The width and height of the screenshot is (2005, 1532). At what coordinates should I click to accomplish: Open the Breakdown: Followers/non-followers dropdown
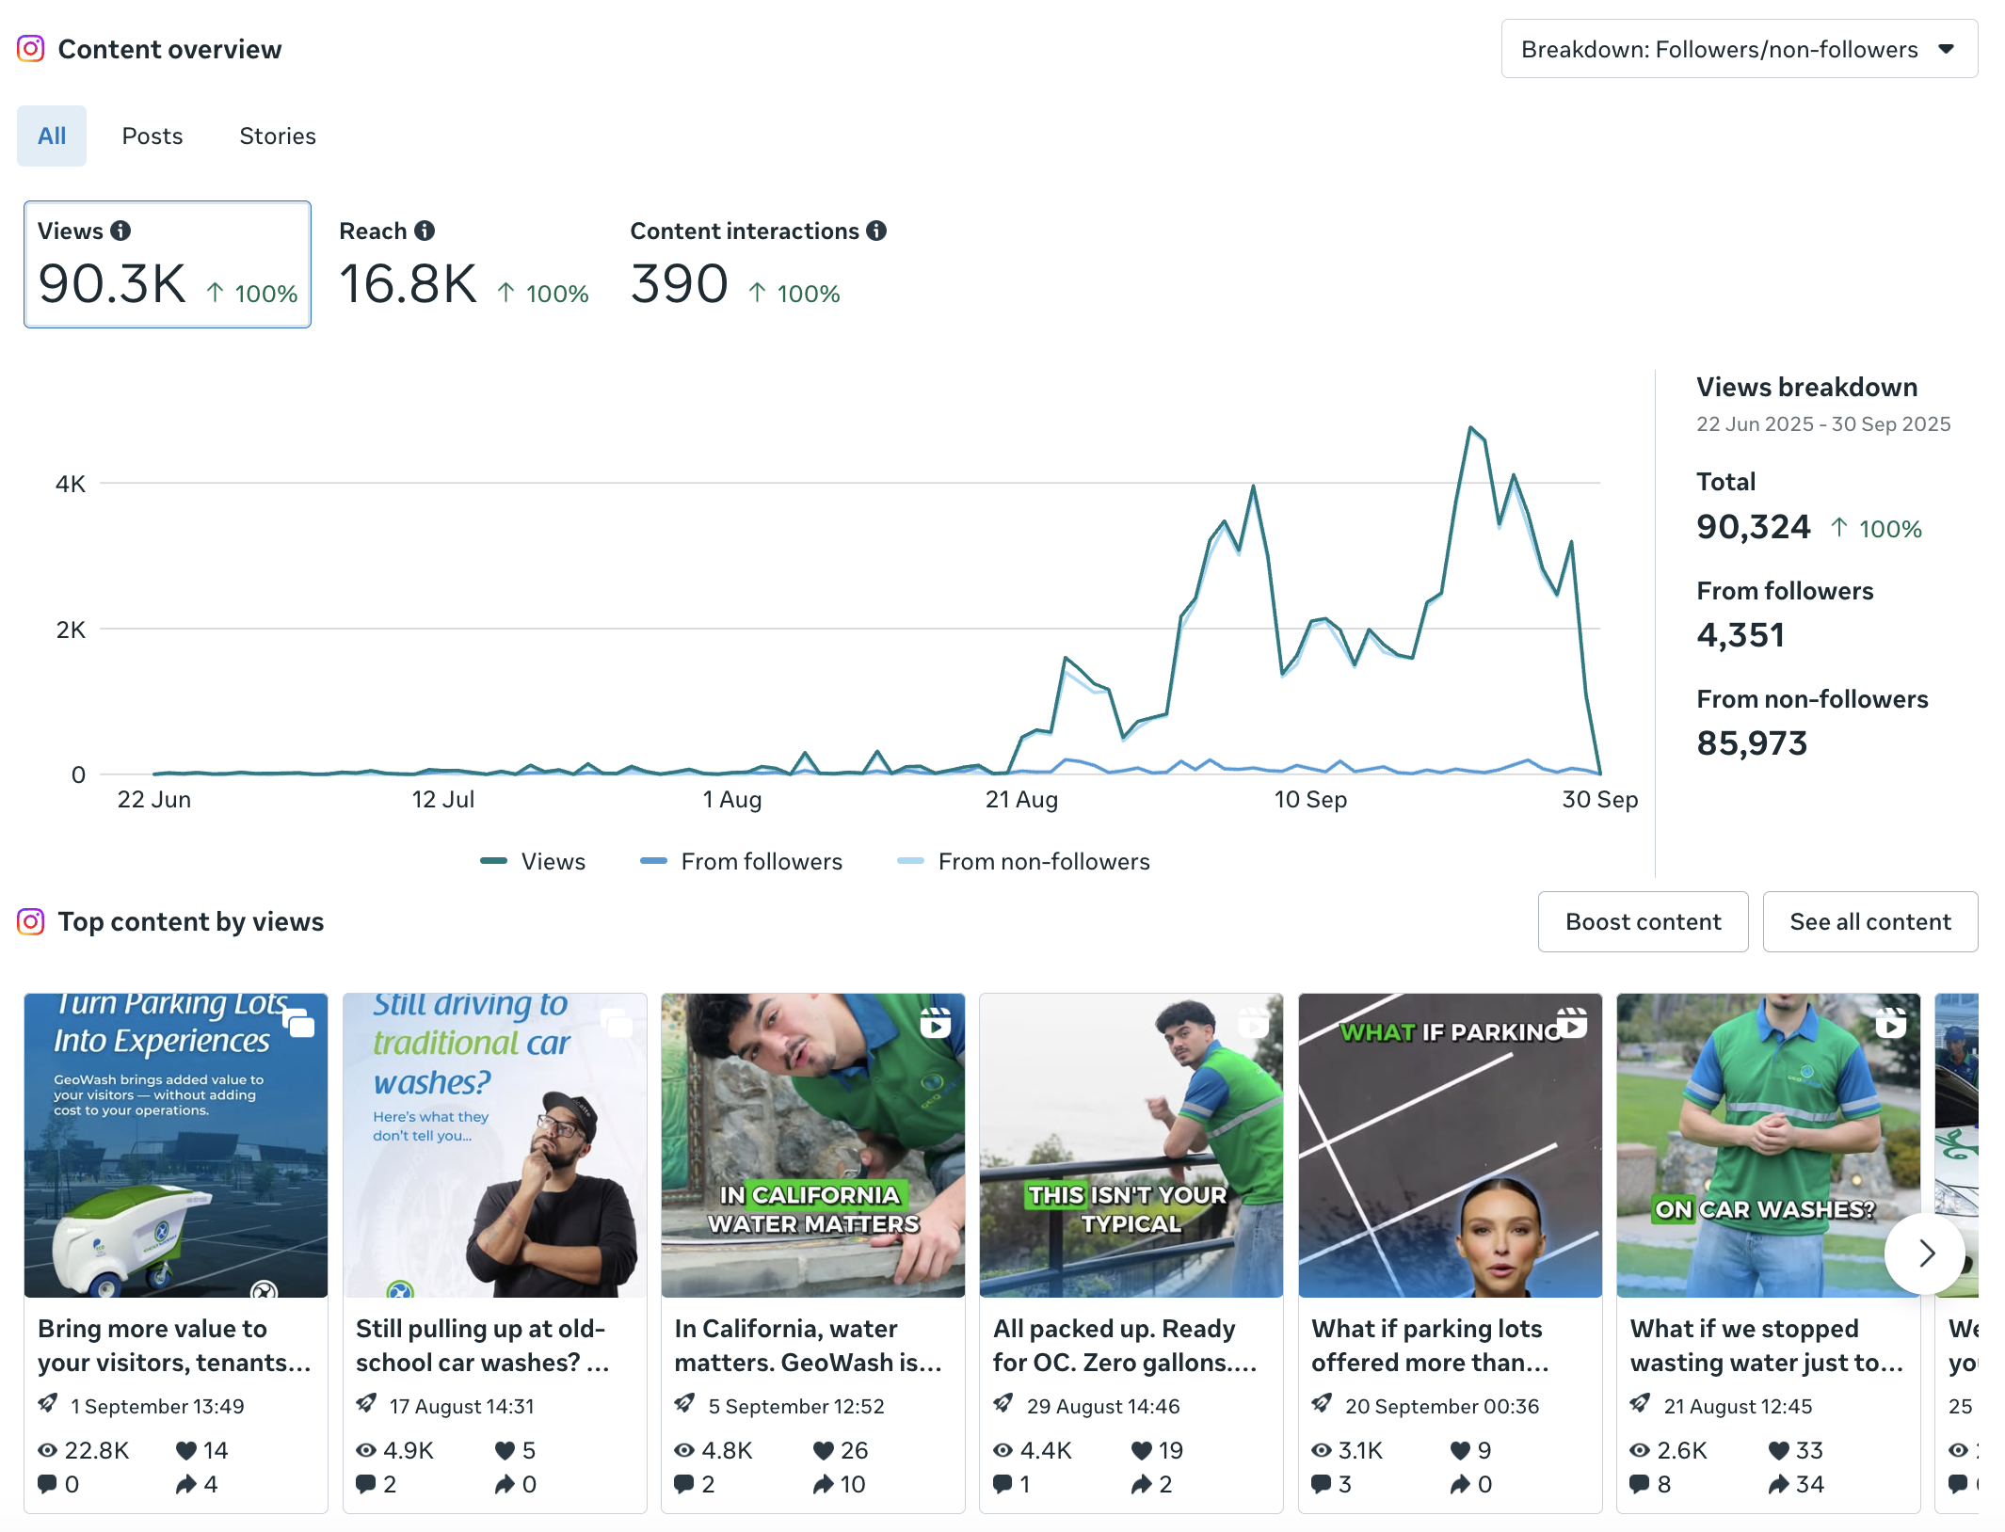pyautogui.click(x=1738, y=49)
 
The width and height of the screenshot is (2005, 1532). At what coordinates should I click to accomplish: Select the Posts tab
pyautogui.click(x=152, y=136)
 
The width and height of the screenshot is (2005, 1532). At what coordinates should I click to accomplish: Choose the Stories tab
pyautogui.click(x=278, y=136)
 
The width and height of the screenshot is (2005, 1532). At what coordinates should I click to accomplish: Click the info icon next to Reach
pyautogui.click(x=425, y=231)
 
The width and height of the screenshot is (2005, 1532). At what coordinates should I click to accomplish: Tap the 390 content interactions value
pyautogui.click(x=679, y=284)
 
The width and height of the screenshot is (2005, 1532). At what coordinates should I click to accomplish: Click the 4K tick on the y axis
pyautogui.click(x=71, y=485)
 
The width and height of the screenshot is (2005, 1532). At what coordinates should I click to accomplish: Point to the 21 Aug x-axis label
pyautogui.click(x=1021, y=800)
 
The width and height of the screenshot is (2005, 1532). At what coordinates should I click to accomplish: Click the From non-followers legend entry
pyautogui.click(x=1043, y=862)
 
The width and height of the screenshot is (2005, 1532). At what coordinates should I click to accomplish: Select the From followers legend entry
pyautogui.click(x=761, y=862)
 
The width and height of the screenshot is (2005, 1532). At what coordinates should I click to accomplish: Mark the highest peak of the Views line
pyautogui.click(x=1470, y=428)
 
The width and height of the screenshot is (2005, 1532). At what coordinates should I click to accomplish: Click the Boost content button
pyautogui.click(x=1643, y=922)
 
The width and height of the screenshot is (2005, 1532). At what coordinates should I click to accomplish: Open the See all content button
pyautogui.click(x=1869, y=922)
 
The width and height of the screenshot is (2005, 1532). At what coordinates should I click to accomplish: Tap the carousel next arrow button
pyautogui.click(x=1925, y=1253)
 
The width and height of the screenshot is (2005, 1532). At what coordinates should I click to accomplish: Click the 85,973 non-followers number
pyautogui.click(x=1752, y=743)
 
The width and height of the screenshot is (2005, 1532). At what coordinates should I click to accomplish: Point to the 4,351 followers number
pyautogui.click(x=1740, y=635)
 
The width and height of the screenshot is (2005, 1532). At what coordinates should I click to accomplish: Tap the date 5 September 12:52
pyautogui.click(x=795, y=1407)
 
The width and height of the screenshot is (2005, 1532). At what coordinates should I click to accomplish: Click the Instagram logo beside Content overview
pyautogui.click(x=31, y=49)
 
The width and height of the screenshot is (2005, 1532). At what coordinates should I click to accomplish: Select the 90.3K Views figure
pyautogui.click(x=112, y=284)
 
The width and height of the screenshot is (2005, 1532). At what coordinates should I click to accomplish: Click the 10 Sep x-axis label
pyautogui.click(x=1310, y=800)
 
